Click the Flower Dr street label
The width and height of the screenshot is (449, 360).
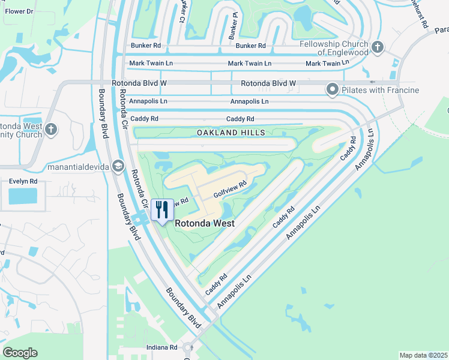click(19, 11)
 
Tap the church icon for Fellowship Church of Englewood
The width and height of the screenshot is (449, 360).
click(378, 47)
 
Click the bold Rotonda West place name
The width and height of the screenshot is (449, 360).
click(204, 223)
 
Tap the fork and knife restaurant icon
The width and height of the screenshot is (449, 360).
click(162, 211)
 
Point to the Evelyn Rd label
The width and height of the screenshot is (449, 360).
click(23, 181)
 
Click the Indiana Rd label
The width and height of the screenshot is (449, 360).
click(164, 347)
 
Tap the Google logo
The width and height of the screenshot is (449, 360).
click(20, 353)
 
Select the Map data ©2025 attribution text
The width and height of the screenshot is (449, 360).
click(423, 355)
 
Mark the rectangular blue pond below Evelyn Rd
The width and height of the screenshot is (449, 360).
click(23, 195)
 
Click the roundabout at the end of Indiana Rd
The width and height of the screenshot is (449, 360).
click(188, 347)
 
